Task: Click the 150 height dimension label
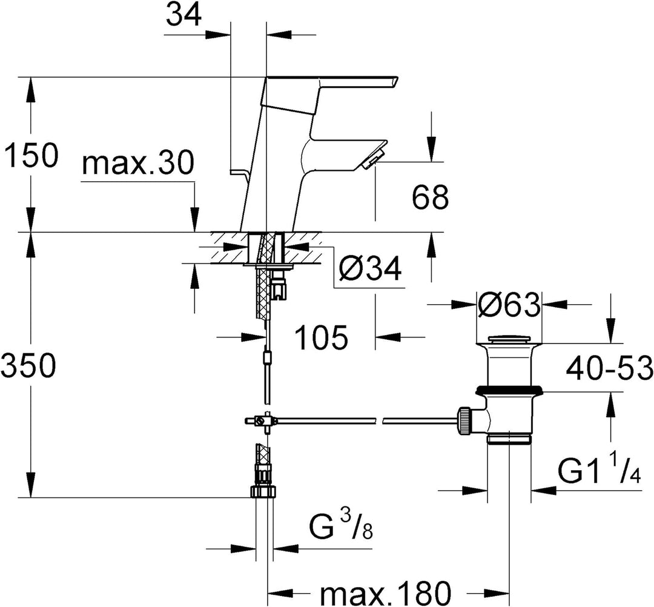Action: click(x=30, y=154)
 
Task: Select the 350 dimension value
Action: click(x=28, y=365)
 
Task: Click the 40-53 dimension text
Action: click(x=609, y=367)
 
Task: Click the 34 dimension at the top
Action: click(x=183, y=15)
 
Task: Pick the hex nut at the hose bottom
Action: click(x=263, y=491)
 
